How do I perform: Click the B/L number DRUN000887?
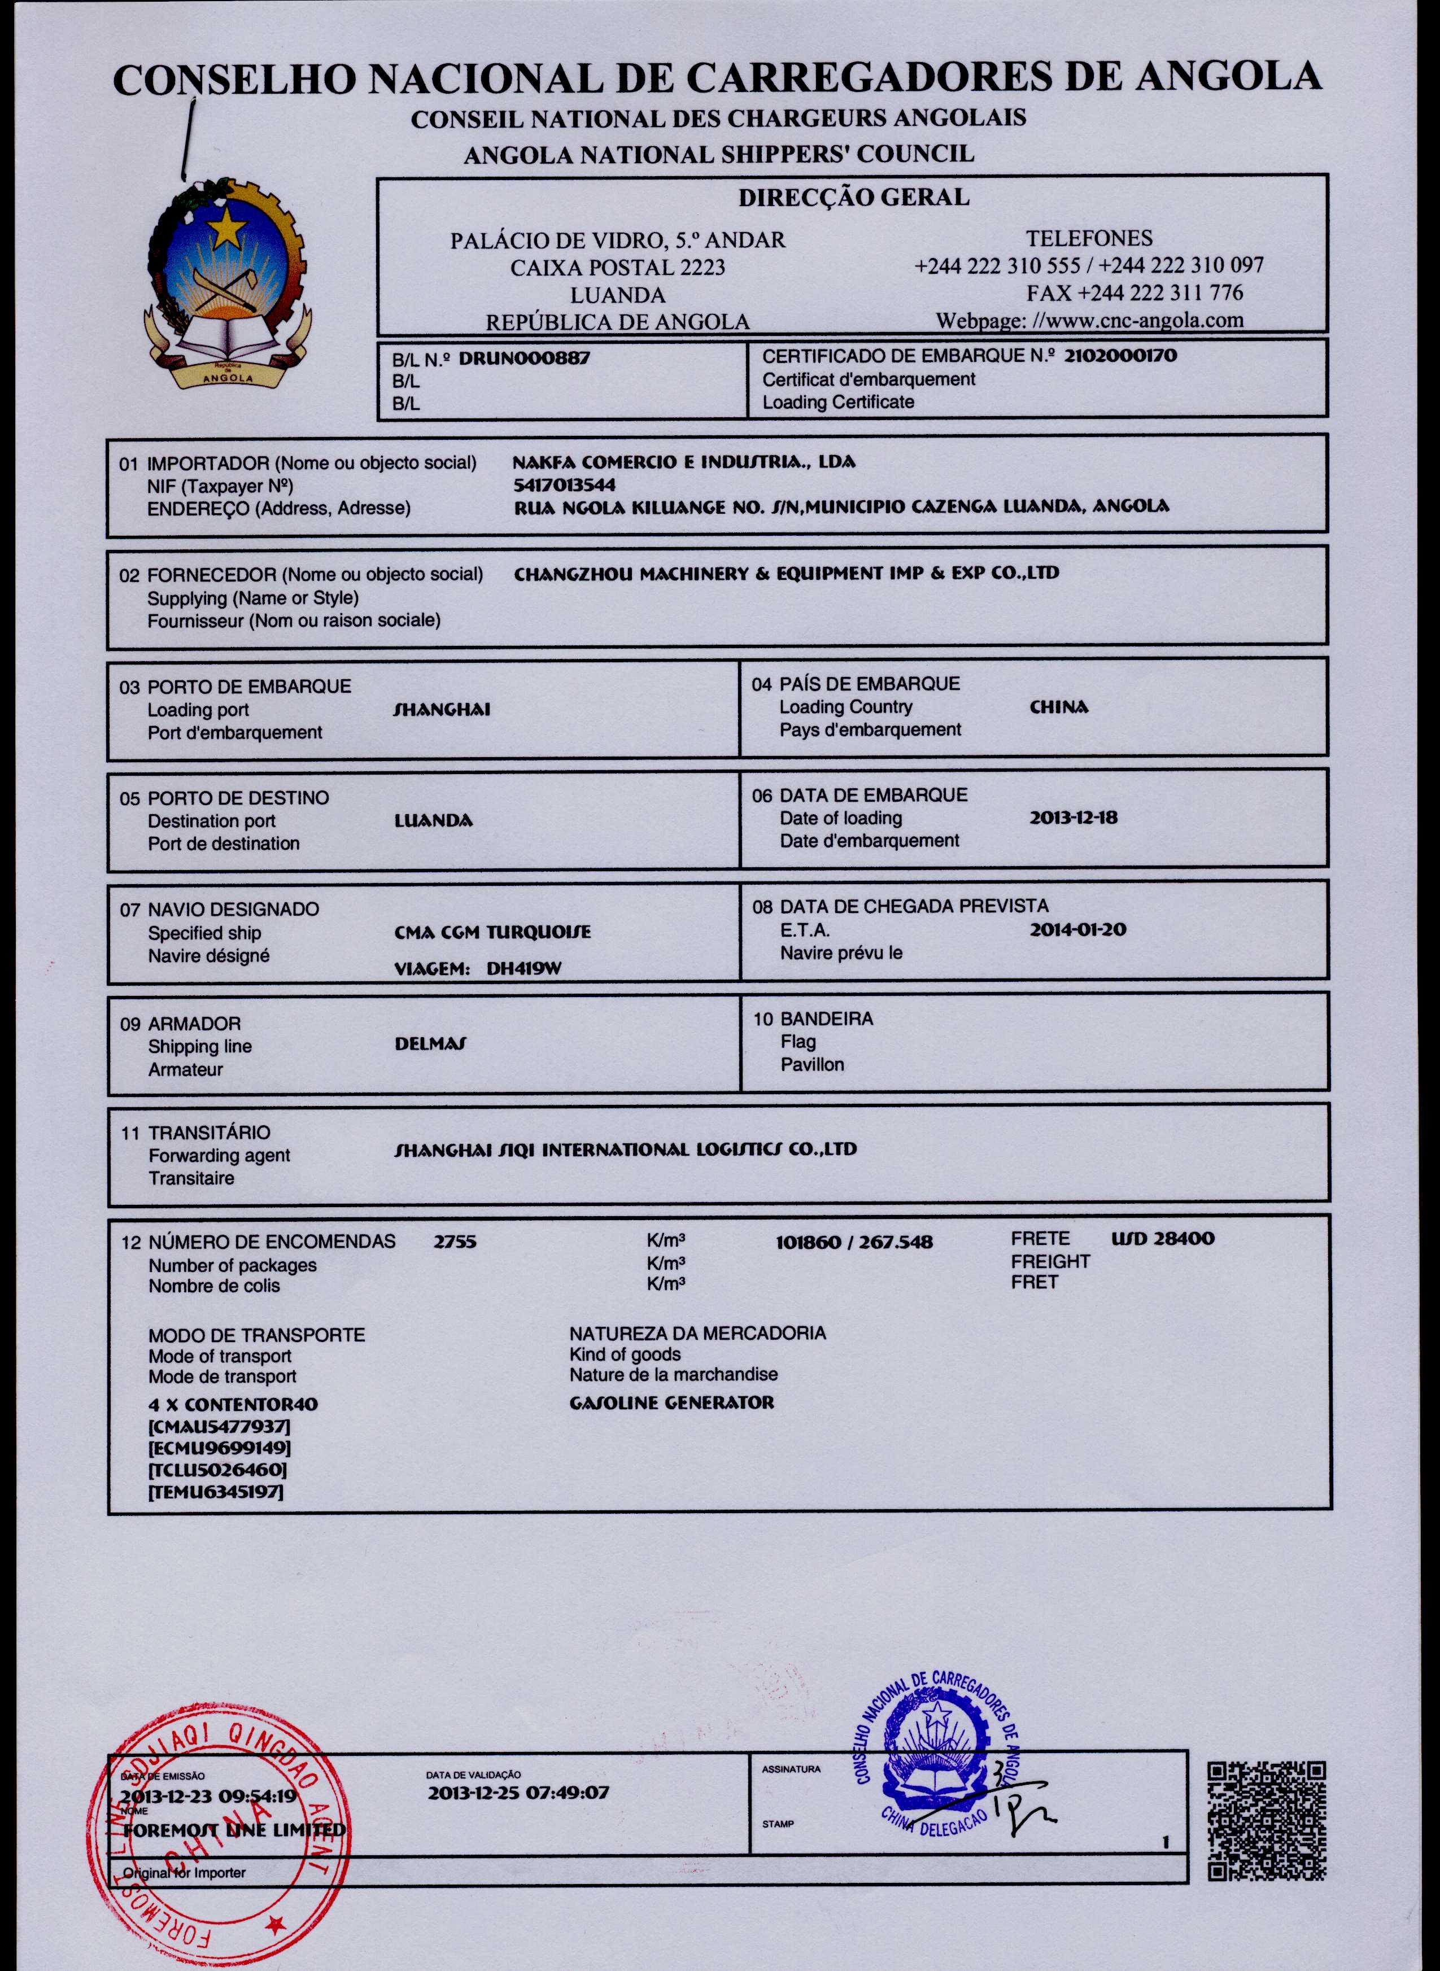click(x=524, y=358)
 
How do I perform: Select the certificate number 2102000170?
click(x=1120, y=356)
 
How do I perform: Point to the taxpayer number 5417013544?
click(x=565, y=484)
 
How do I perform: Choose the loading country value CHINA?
click(x=1058, y=707)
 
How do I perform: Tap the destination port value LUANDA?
click(x=433, y=821)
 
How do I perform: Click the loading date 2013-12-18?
click(x=1073, y=818)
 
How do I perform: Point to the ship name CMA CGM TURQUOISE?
click(x=492, y=932)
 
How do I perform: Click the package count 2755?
click(x=455, y=1242)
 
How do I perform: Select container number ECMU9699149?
click(x=219, y=1448)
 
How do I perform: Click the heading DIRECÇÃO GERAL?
click(x=853, y=198)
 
